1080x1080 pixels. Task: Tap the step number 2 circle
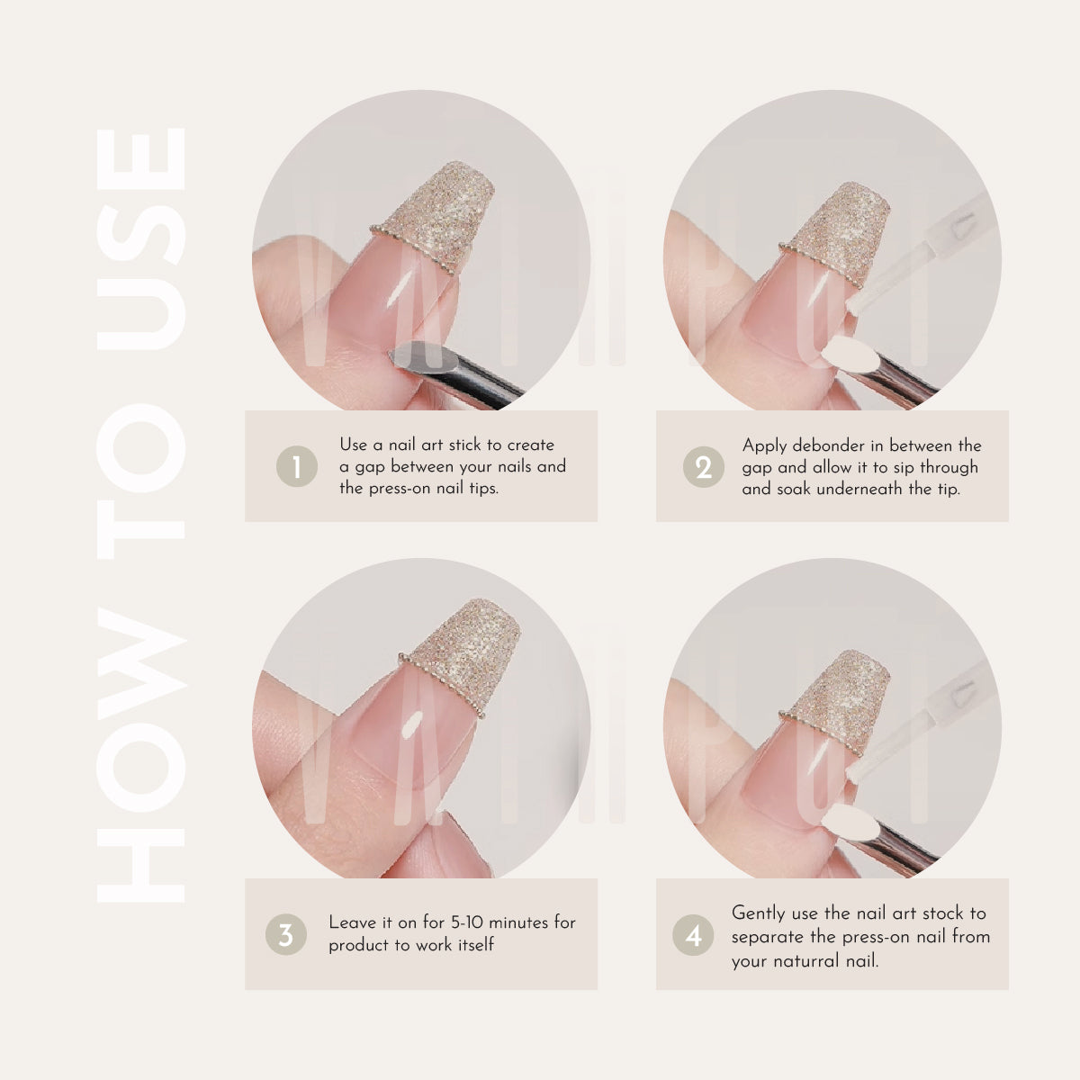703,467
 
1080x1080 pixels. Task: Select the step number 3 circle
285,935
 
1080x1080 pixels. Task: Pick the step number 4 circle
693,936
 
